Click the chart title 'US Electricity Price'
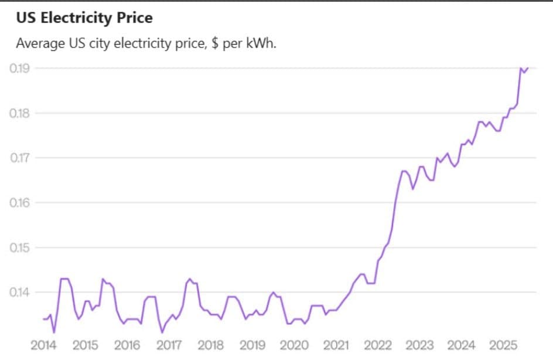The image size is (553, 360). click(x=84, y=18)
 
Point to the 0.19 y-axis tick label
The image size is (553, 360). click(x=20, y=68)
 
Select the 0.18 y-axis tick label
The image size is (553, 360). click(x=20, y=113)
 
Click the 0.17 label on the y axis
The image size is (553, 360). click(x=20, y=158)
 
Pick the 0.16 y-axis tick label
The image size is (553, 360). click(x=20, y=202)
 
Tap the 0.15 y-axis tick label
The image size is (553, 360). click(x=20, y=247)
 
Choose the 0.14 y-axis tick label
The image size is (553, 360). click(x=20, y=292)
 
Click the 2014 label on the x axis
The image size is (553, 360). click(x=43, y=344)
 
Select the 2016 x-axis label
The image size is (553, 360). click(x=127, y=344)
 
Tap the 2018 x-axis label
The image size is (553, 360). click(x=210, y=344)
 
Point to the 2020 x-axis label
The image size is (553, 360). click(x=294, y=344)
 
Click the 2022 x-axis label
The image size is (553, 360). click(x=378, y=344)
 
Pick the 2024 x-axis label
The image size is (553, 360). click(x=461, y=344)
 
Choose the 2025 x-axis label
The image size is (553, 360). click(x=503, y=344)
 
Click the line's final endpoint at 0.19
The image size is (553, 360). click(x=528, y=68)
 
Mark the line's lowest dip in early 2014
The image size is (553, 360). click(x=54, y=332)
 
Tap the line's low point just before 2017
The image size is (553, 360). click(x=162, y=332)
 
